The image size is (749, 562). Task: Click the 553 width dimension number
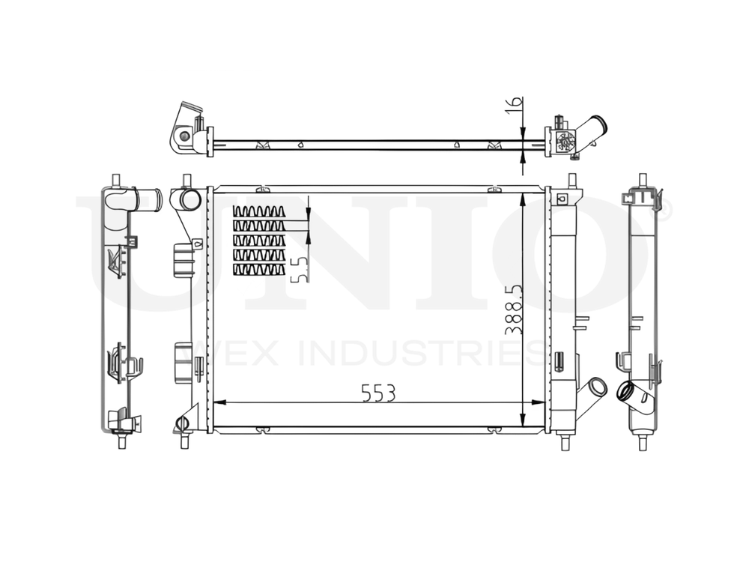[377, 393]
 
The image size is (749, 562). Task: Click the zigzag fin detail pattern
[259, 240]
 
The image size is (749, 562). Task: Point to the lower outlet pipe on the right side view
[631, 396]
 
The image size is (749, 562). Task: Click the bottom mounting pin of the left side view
[121, 440]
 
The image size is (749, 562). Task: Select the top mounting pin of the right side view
[642, 181]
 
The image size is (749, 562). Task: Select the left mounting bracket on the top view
[187, 131]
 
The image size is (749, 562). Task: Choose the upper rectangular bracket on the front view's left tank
[183, 259]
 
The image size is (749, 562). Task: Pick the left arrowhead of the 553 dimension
[219, 403]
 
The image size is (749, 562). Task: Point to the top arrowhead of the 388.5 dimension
[521, 196]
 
